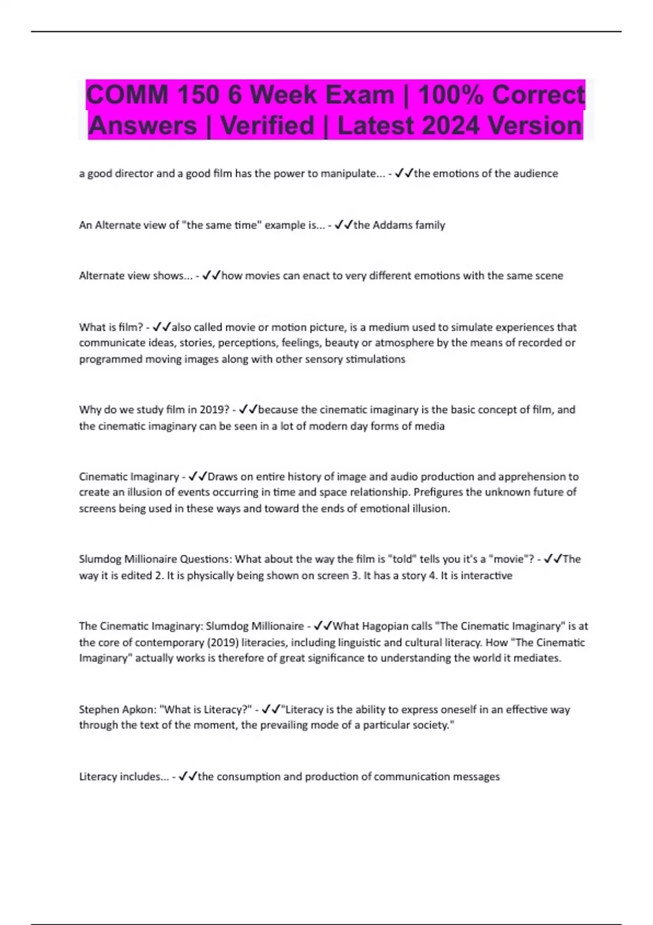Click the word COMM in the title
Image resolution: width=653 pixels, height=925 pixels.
coord(127,95)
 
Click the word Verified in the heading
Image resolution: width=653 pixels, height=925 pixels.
coord(267,126)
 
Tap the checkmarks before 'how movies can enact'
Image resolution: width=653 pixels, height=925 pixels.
coord(211,276)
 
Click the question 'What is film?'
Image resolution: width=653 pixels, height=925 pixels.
coord(111,327)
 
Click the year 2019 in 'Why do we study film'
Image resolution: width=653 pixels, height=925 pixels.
coord(213,410)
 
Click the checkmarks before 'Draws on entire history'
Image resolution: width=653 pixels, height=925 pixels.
coord(198,477)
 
